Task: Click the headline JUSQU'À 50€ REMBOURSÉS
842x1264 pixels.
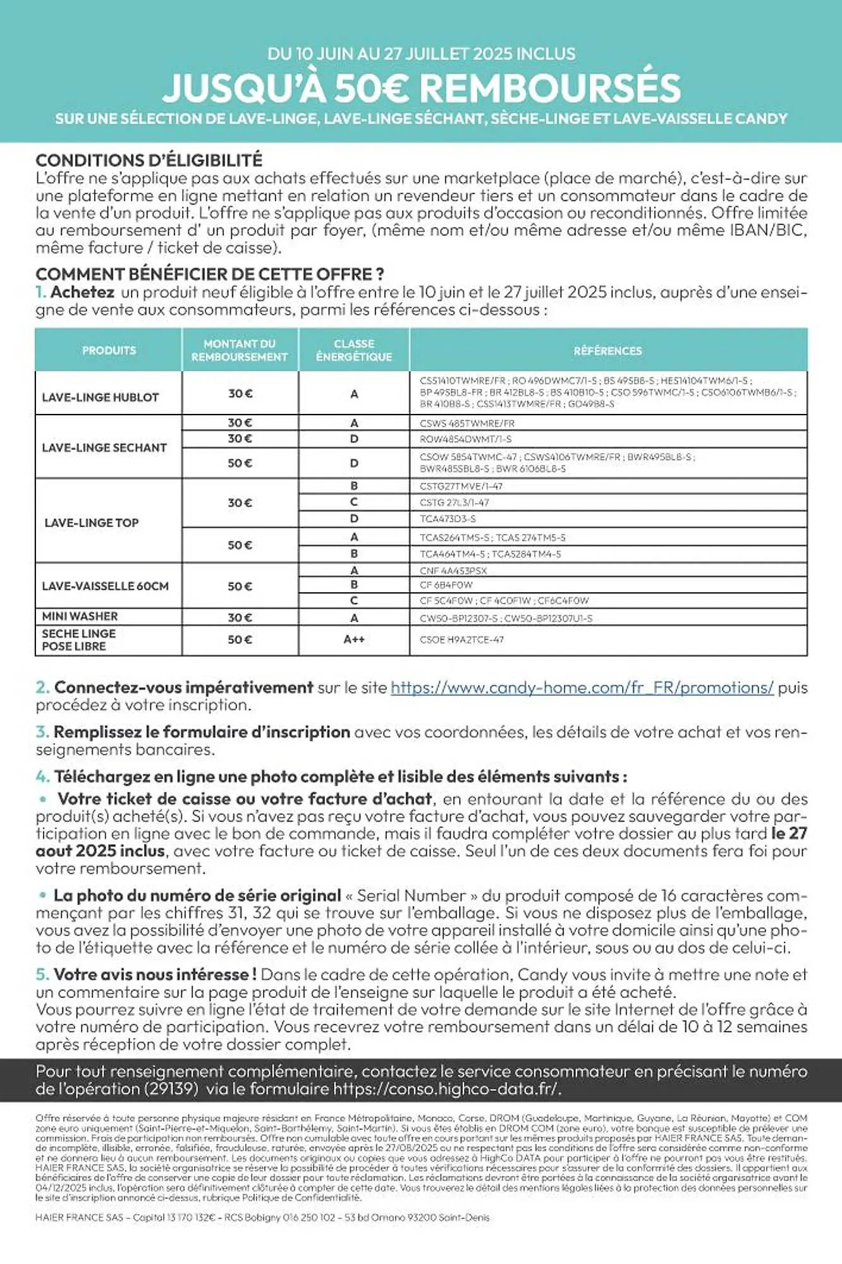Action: [421, 88]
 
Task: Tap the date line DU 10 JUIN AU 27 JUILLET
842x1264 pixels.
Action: [421, 54]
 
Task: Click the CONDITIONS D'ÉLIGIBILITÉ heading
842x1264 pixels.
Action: [149, 160]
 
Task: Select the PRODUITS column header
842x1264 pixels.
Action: [109, 350]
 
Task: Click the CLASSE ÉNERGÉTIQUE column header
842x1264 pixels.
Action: [354, 350]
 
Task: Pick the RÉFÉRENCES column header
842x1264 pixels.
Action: [607, 351]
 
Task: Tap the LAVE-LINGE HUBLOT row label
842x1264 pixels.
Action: [100, 398]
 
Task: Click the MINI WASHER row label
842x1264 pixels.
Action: [80, 616]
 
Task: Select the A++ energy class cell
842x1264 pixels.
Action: [354, 640]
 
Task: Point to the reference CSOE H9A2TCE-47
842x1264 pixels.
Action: [461, 640]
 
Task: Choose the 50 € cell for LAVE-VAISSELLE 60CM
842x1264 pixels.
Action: [240, 586]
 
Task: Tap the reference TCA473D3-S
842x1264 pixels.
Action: [448, 519]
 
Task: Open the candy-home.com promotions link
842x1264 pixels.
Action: [582, 688]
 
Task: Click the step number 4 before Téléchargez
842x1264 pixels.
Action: [42, 777]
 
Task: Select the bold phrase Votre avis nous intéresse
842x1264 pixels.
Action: [154, 975]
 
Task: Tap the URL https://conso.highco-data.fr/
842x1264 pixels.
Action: [446, 1089]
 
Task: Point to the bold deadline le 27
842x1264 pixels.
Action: [789, 834]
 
